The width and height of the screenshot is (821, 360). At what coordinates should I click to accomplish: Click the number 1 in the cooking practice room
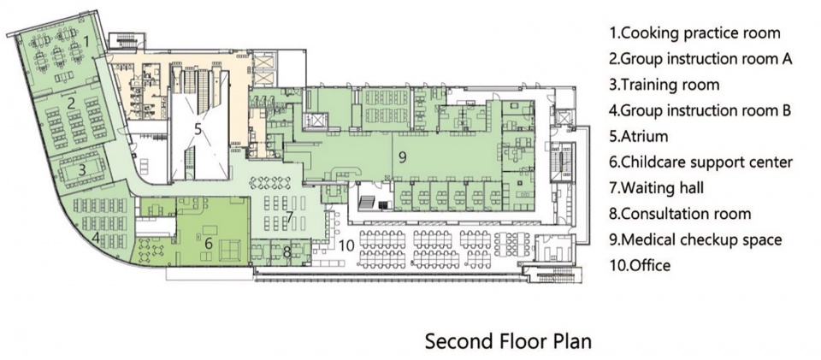[x=87, y=39]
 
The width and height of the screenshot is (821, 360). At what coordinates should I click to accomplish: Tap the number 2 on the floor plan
[x=71, y=103]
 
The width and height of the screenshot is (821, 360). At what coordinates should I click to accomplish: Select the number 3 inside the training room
[x=82, y=170]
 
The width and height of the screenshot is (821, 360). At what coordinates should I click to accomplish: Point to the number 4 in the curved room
[x=96, y=238]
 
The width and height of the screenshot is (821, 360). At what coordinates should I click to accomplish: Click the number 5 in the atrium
[x=198, y=129]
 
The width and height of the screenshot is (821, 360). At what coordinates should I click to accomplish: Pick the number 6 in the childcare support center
[x=208, y=244]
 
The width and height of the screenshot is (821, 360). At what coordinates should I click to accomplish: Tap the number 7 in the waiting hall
[x=289, y=216]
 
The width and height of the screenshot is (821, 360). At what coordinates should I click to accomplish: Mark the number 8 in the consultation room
[x=286, y=252]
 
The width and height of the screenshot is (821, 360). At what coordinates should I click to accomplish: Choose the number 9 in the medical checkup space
[x=402, y=157]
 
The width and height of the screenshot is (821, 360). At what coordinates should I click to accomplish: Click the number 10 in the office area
[x=348, y=244]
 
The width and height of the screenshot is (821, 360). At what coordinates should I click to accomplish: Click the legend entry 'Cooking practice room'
[x=694, y=33]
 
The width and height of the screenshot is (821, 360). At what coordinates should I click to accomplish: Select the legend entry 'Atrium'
[x=638, y=137]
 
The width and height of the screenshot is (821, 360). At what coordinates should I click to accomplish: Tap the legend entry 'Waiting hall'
[x=656, y=188]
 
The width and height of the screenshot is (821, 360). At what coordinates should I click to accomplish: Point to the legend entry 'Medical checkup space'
[x=695, y=239]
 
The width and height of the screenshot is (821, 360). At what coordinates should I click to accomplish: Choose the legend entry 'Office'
[x=640, y=265]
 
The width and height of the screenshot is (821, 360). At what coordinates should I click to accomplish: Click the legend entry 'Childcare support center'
[x=700, y=162]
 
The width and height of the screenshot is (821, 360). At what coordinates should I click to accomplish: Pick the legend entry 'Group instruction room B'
[x=700, y=110]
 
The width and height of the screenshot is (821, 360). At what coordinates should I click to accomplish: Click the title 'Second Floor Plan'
[x=508, y=341]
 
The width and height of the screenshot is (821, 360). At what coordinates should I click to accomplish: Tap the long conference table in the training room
[x=81, y=170]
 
